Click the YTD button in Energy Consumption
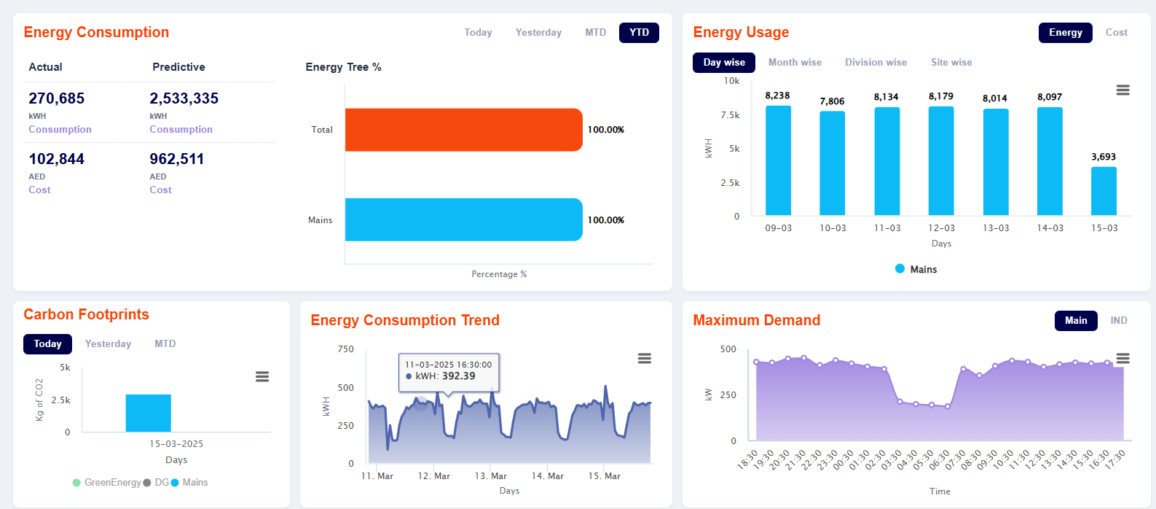(x=639, y=33)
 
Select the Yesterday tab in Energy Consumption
(x=538, y=33)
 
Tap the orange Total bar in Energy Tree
(x=463, y=130)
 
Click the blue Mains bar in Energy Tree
(x=463, y=219)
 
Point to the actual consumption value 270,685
(x=57, y=98)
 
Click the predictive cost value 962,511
(x=177, y=159)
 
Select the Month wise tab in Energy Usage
(x=795, y=63)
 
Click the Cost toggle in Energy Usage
(x=1116, y=33)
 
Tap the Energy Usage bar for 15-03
(x=1104, y=191)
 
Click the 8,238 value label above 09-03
(x=777, y=96)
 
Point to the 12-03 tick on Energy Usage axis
(x=941, y=228)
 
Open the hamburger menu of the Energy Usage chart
(x=1122, y=90)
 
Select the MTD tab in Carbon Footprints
(x=165, y=343)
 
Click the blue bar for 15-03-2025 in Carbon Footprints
(x=148, y=413)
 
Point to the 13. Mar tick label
(x=491, y=476)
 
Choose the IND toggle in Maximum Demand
(x=1118, y=321)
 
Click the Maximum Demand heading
(x=756, y=320)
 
